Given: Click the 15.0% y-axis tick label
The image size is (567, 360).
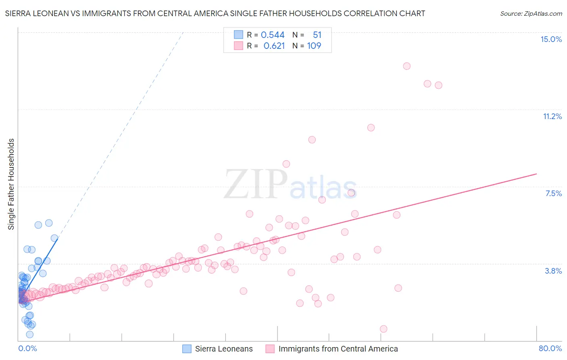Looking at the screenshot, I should (x=551, y=39).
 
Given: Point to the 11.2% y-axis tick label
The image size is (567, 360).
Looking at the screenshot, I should (x=552, y=116).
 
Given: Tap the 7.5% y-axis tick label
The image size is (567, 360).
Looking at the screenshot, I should (x=553, y=193).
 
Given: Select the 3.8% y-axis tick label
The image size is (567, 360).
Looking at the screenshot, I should (x=553, y=271).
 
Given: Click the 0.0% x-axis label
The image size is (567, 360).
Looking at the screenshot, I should (x=27, y=348).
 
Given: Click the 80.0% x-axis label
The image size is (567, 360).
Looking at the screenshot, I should (x=550, y=348).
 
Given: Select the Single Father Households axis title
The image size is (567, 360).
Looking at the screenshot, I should (x=11, y=184).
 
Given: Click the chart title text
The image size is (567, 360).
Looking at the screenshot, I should (x=215, y=13).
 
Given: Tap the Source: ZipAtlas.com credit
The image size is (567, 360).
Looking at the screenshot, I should (x=531, y=13).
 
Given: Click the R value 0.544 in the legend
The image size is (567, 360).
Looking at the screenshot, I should (x=273, y=35).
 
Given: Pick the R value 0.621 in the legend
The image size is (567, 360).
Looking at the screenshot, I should (x=274, y=46).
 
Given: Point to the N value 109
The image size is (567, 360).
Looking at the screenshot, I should (x=314, y=46).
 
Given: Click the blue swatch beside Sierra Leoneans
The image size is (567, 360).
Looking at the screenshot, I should (x=187, y=349).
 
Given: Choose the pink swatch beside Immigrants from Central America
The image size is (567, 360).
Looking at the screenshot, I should (x=270, y=349).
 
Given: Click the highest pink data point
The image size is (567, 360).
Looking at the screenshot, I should (x=406, y=66).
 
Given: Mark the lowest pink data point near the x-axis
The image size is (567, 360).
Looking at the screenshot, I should (x=384, y=329).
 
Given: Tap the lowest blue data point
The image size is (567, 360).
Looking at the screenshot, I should (x=30, y=334).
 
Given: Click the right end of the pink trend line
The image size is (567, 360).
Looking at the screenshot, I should (x=536, y=174).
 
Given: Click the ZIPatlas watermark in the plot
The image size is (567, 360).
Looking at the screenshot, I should (x=290, y=185).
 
